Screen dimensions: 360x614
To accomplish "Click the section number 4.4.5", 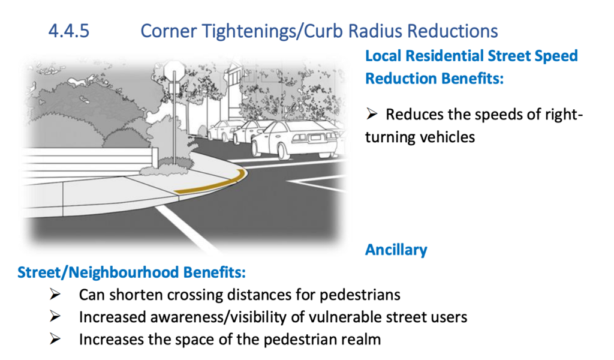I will point(69,31).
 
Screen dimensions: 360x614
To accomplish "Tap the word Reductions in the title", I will point(454,31).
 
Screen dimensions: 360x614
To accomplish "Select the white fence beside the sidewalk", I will point(90,160).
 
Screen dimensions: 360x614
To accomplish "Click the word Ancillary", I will point(396,250).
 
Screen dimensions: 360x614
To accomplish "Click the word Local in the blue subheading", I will point(383,56).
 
